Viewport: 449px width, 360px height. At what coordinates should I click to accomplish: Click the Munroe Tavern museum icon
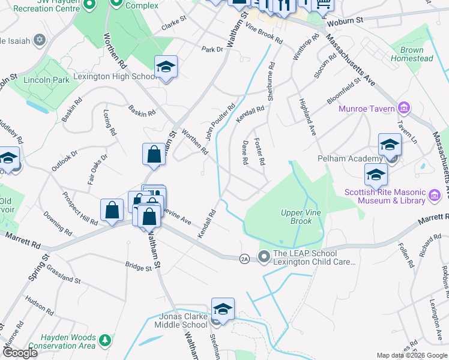[x=404, y=109]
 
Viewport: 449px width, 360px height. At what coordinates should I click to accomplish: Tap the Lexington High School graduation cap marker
[x=166, y=68]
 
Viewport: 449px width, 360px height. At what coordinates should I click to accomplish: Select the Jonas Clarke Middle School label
[x=175, y=321]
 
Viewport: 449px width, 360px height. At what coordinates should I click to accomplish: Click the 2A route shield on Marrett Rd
[x=244, y=258]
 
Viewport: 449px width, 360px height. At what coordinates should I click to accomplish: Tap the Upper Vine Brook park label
[x=297, y=217]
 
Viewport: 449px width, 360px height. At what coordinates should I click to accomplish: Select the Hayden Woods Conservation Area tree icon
[x=106, y=340]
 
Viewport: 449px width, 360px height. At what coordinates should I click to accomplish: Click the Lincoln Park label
[x=46, y=80]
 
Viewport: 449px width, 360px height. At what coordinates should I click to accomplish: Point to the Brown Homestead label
[x=412, y=55]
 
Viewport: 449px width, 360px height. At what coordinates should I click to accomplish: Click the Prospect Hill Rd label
[x=80, y=209]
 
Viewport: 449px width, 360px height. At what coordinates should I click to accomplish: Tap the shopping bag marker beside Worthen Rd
[x=154, y=155]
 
